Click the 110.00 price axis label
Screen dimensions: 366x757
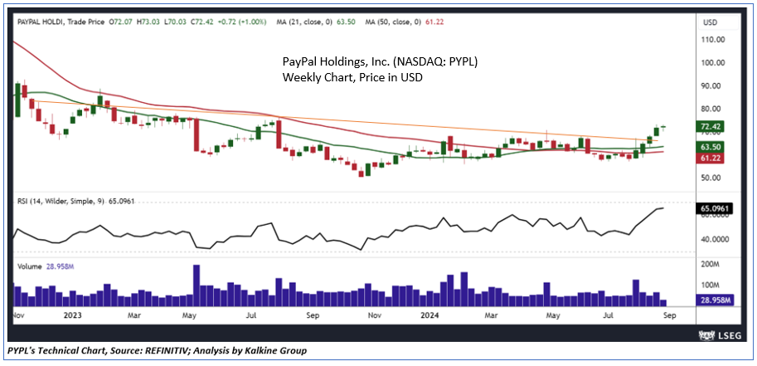(714, 39)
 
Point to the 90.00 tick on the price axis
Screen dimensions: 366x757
(712, 85)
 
